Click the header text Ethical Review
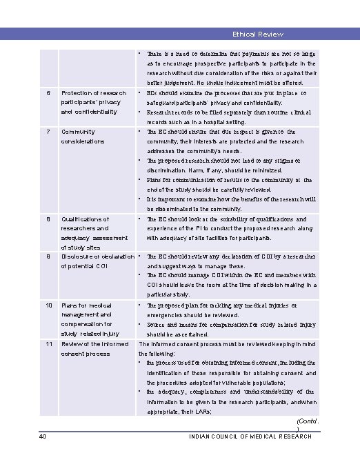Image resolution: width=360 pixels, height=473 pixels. coord(257,34)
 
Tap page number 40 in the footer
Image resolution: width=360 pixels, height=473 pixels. coord(43,436)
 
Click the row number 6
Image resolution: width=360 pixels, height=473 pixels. coord(48,92)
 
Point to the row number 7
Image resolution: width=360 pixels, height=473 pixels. coord(48,131)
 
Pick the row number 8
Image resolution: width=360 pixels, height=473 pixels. coord(48,219)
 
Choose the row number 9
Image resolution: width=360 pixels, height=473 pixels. coord(48,256)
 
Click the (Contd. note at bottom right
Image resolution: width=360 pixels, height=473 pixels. coord(306,420)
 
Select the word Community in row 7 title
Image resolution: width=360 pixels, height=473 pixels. coord(78,131)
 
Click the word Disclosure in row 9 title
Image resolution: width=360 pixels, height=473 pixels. coord(79,256)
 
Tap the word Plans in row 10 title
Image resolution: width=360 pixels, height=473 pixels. coord(69,305)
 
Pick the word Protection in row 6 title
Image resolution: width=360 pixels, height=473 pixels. coord(77,92)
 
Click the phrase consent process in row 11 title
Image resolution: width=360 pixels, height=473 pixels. coord(86,353)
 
